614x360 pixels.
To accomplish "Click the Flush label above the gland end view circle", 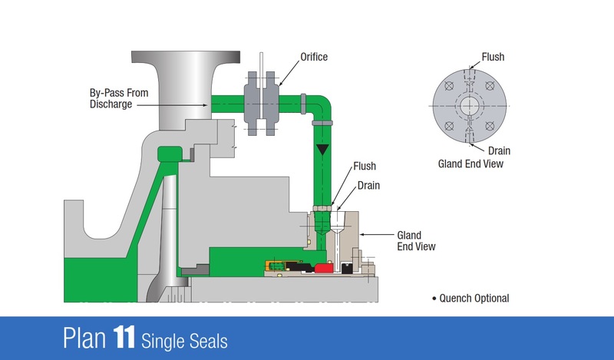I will click(493, 57).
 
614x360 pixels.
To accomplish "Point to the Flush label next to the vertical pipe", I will click(365, 167).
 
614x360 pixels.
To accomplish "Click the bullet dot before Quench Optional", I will click(434, 298).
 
